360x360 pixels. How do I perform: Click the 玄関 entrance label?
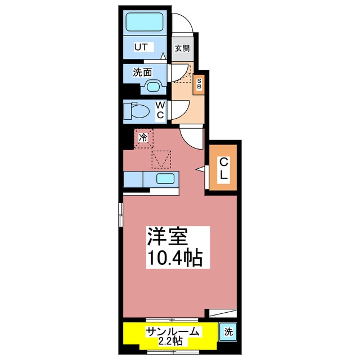coord(182,48)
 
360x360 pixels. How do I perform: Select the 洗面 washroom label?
coord(142,73)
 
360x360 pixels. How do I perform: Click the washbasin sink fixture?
coord(153,86)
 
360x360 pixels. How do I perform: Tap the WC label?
coord(160,110)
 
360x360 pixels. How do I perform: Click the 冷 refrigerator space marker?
coord(143,137)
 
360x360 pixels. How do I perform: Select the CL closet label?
coord(223,169)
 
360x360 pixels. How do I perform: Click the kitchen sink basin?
coord(165,179)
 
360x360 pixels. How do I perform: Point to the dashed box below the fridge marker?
coord(162,159)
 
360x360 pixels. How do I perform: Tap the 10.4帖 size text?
coord(174,258)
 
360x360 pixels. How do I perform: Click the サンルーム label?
coord(173,331)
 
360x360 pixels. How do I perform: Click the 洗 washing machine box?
coord(229,332)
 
